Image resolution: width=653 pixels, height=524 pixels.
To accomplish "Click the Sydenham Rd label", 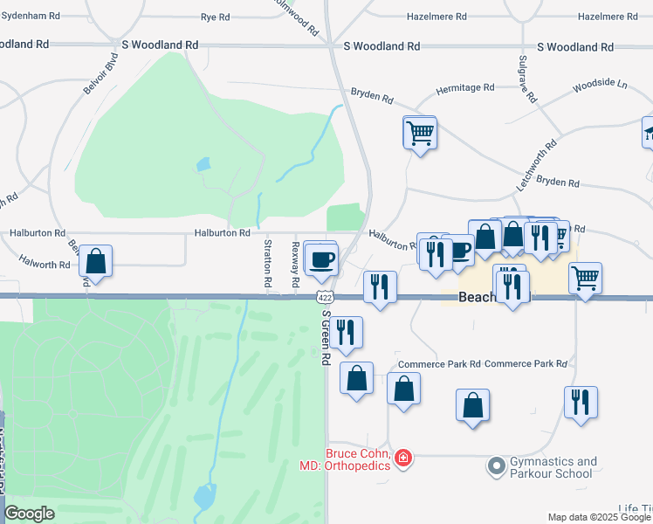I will tap(31, 17).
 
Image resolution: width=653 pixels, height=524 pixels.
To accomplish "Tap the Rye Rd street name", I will tap(215, 17).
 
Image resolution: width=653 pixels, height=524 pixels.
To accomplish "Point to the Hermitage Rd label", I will tap(465, 87).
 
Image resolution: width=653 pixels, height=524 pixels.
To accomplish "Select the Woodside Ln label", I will tap(600, 86).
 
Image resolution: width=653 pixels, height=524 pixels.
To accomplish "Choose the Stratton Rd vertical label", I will tap(268, 265).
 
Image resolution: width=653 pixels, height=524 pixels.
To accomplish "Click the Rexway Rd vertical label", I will tap(295, 261).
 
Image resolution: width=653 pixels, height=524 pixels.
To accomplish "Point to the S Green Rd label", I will tap(326, 337).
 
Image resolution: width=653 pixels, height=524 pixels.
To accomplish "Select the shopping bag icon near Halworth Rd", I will tap(96, 261).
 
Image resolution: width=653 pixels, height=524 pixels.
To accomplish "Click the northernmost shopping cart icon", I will tap(420, 133).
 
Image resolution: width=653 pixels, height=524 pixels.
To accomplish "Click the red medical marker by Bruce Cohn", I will tap(402, 457).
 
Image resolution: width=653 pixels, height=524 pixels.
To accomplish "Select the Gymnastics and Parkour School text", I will tap(553, 467).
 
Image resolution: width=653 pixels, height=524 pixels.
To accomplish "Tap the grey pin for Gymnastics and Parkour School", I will tap(497, 466).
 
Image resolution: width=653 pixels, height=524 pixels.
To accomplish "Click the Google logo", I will tap(29, 514).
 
